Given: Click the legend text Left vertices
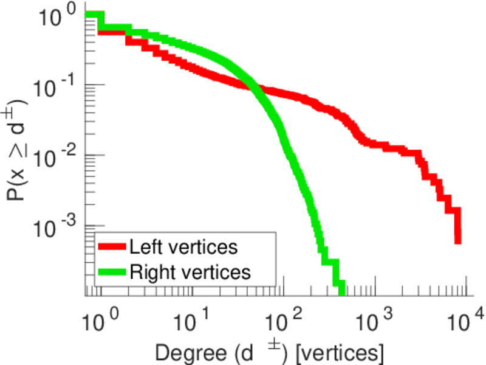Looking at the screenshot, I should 183,247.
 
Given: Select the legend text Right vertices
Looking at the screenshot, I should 190,271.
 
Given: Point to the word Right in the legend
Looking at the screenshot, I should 149,271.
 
